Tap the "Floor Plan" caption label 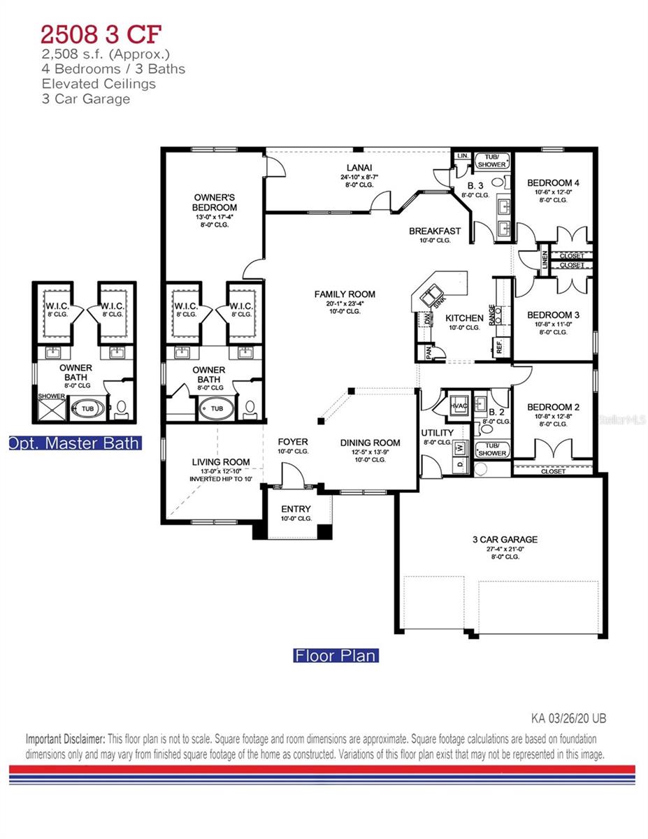[336, 656]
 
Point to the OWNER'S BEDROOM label [215, 202]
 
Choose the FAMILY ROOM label [345, 294]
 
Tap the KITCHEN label [464, 318]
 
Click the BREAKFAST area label [434, 231]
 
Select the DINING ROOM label [370, 443]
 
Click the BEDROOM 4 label [553, 183]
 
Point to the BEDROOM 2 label [553, 407]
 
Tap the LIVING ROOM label [221, 462]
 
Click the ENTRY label [296, 509]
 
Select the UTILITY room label [437, 433]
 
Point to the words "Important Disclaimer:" [66, 739]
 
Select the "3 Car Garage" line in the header [85, 99]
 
